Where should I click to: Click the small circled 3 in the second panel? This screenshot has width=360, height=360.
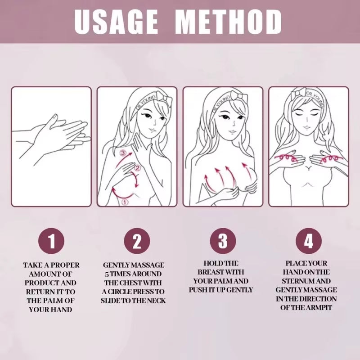pos(123,153)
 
